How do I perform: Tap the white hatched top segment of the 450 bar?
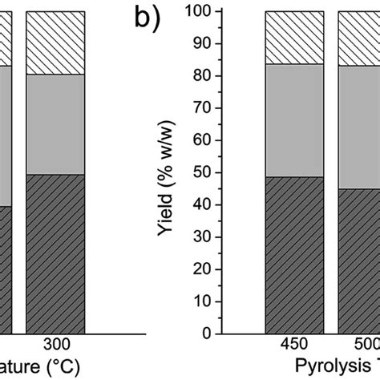click(294, 38)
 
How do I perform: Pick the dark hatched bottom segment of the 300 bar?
click(55, 253)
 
